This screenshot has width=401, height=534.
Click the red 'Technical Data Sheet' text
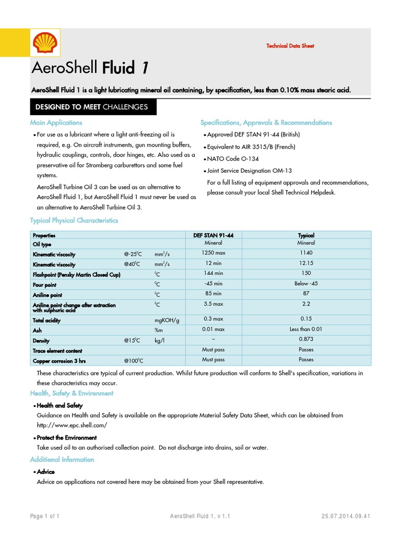290,46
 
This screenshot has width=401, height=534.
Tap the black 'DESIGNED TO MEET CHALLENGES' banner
92,107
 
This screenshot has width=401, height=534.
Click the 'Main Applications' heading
56,123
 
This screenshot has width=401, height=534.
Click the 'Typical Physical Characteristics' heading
74,221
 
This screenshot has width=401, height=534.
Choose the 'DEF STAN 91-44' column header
213,236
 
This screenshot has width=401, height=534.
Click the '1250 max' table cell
213,252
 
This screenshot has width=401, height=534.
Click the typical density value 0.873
306,339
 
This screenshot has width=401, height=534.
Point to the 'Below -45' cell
306,284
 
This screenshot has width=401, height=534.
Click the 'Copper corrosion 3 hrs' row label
60,361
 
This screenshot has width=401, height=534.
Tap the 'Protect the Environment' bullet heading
66,438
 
